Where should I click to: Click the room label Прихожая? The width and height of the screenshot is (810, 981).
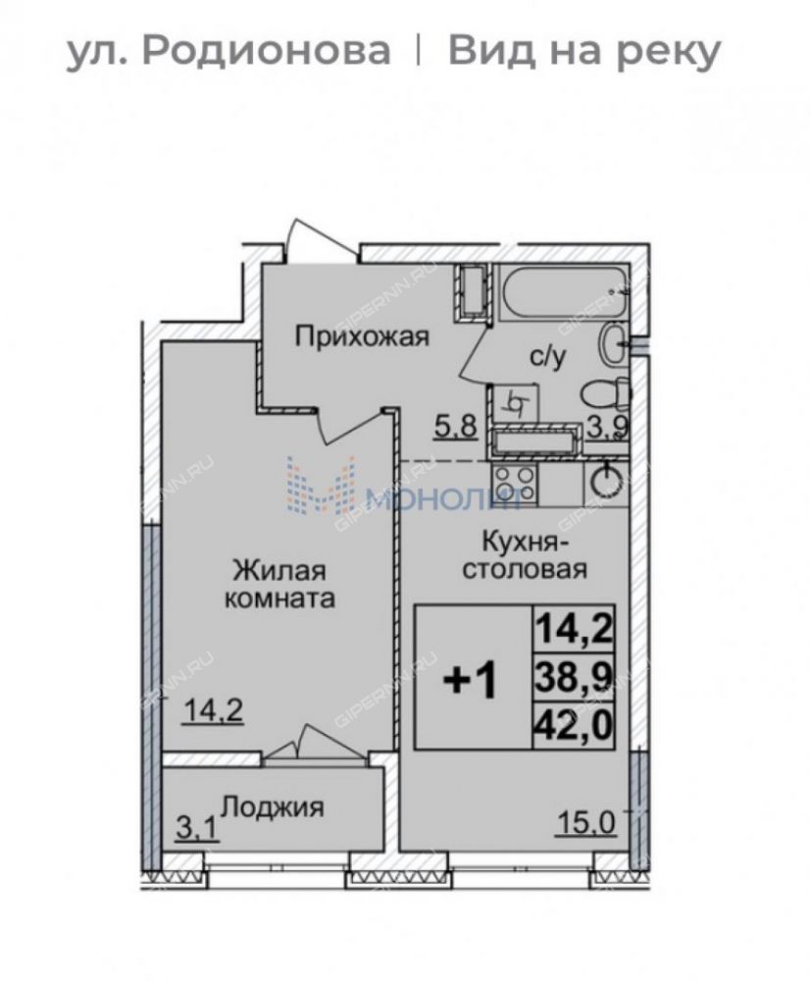(x=362, y=336)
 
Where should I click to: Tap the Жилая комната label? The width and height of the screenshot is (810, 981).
(x=279, y=585)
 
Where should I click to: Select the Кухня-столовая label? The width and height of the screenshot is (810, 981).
(x=525, y=555)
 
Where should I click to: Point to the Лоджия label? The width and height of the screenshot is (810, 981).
(x=274, y=806)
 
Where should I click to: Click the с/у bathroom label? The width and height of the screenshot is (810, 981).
(x=548, y=357)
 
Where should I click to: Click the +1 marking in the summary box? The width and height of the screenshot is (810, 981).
(x=471, y=681)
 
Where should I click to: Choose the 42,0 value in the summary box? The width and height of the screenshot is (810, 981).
(x=574, y=726)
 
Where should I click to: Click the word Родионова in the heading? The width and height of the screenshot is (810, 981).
(x=266, y=51)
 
